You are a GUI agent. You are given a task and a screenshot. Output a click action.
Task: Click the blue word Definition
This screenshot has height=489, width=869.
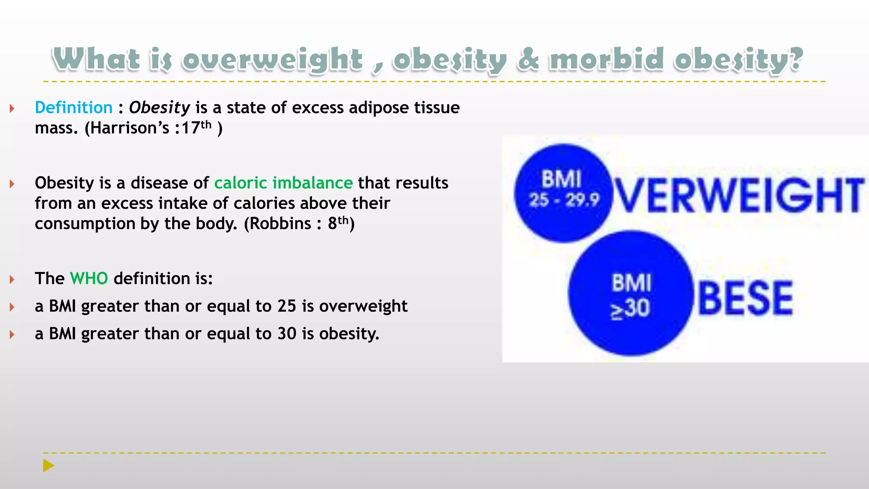tap(73, 107)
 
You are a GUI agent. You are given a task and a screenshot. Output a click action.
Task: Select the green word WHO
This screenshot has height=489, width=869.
tap(89, 278)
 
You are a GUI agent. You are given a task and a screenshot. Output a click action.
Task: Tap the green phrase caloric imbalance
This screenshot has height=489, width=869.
tap(283, 183)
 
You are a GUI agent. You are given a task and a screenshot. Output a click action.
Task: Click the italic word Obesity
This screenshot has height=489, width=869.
tap(159, 108)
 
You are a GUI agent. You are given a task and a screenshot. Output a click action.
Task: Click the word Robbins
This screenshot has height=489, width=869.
tap(280, 224)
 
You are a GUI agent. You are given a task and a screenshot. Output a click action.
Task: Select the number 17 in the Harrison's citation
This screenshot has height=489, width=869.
tap(191, 128)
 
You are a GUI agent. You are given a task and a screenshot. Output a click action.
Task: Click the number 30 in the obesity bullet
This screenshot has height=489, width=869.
tap(287, 334)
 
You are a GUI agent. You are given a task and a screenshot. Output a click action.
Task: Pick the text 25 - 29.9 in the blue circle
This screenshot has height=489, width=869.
tap(564, 200)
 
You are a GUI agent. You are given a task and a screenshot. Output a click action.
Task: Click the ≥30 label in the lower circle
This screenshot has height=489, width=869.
tap(630, 309)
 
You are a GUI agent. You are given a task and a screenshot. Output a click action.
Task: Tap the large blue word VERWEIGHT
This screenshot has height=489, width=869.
tap(738, 196)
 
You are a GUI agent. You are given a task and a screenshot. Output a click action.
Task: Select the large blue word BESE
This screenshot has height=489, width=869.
tap(745, 299)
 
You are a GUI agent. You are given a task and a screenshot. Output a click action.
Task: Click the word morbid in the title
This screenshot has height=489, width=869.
tap(607, 59)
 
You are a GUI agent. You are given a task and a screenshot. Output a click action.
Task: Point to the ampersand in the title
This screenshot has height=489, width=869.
tap(528, 59)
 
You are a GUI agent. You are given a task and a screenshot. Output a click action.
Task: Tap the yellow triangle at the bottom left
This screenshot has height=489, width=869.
tap(48, 466)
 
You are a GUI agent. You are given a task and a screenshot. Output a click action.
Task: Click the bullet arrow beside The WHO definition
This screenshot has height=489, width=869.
tap(12, 279)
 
